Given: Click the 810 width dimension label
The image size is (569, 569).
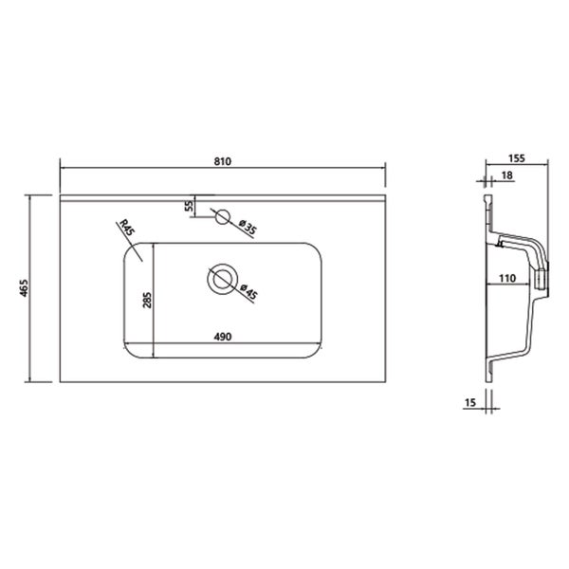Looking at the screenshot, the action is coord(223,161).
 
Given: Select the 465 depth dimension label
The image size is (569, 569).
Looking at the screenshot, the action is coord(24,287).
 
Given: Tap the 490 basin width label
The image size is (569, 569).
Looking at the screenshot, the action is coord(223,337).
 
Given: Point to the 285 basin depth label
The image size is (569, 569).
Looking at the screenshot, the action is coord(147,300).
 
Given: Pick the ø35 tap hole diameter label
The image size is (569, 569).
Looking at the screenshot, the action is coord(248,227).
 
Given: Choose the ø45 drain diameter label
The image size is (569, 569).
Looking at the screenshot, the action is coord(248,292).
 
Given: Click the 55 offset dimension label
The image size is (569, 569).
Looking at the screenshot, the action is coord(189,206).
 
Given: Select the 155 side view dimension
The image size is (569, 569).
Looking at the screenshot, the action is coord(517,158).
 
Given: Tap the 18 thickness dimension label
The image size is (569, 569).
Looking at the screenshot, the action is coord(507,175).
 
